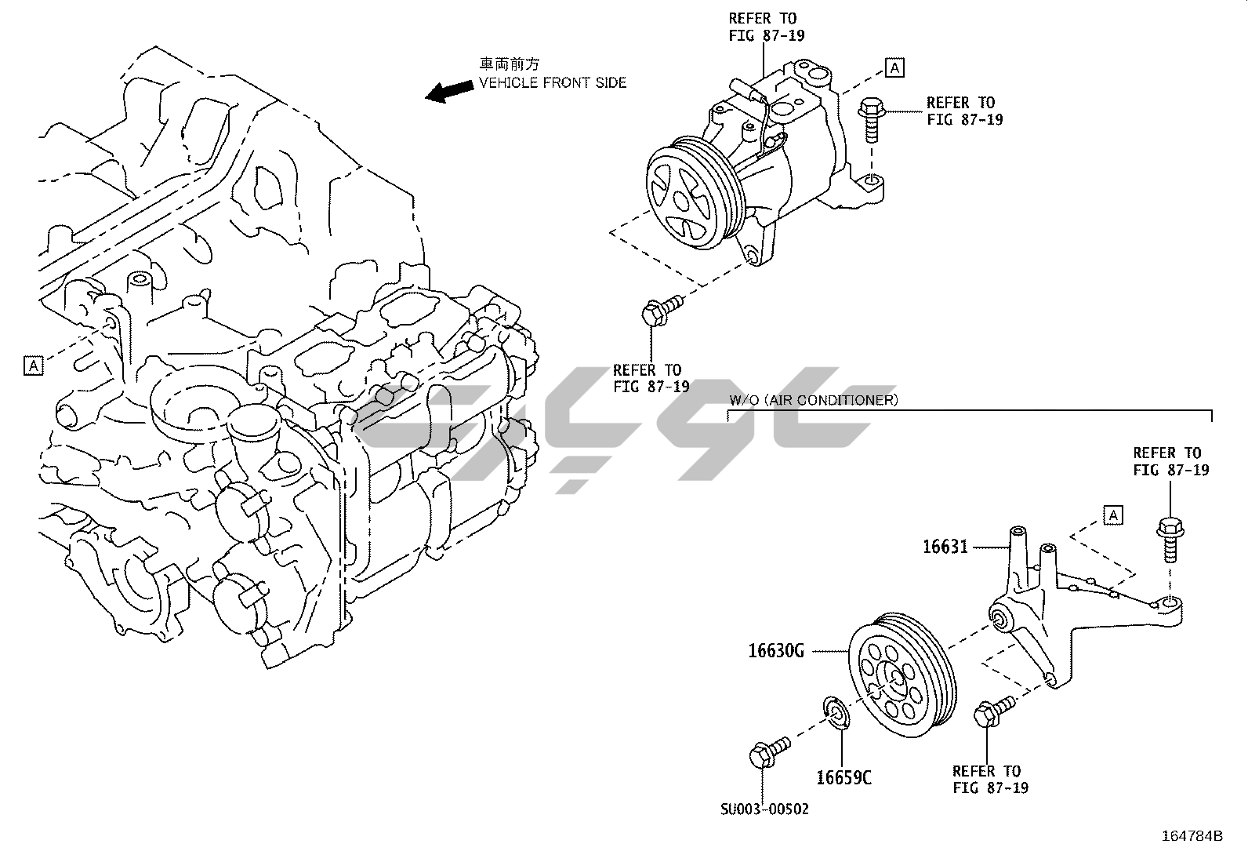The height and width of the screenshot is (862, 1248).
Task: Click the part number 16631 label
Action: (x=945, y=547)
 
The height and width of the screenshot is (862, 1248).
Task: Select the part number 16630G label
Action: (x=776, y=651)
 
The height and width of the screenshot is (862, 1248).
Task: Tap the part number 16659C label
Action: (x=843, y=777)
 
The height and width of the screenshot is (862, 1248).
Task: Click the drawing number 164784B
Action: (x=1192, y=835)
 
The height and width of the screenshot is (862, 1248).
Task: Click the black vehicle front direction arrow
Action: (x=449, y=91)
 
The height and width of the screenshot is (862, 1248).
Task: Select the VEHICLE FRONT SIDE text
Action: (x=553, y=82)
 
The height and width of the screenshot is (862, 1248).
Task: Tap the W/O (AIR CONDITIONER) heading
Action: (x=813, y=400)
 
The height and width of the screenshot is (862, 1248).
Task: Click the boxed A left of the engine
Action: (x=33, y=365)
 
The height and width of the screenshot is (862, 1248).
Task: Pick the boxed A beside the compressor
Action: (x=894, y=67)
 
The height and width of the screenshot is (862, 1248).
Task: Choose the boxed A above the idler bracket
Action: (x=1112, y=515)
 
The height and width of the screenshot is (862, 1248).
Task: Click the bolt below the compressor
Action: (x=657, y=311)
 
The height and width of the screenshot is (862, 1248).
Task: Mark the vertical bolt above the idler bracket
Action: (x=1168, y=539)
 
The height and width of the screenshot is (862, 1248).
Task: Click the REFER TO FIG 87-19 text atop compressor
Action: (x=766, y=27)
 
